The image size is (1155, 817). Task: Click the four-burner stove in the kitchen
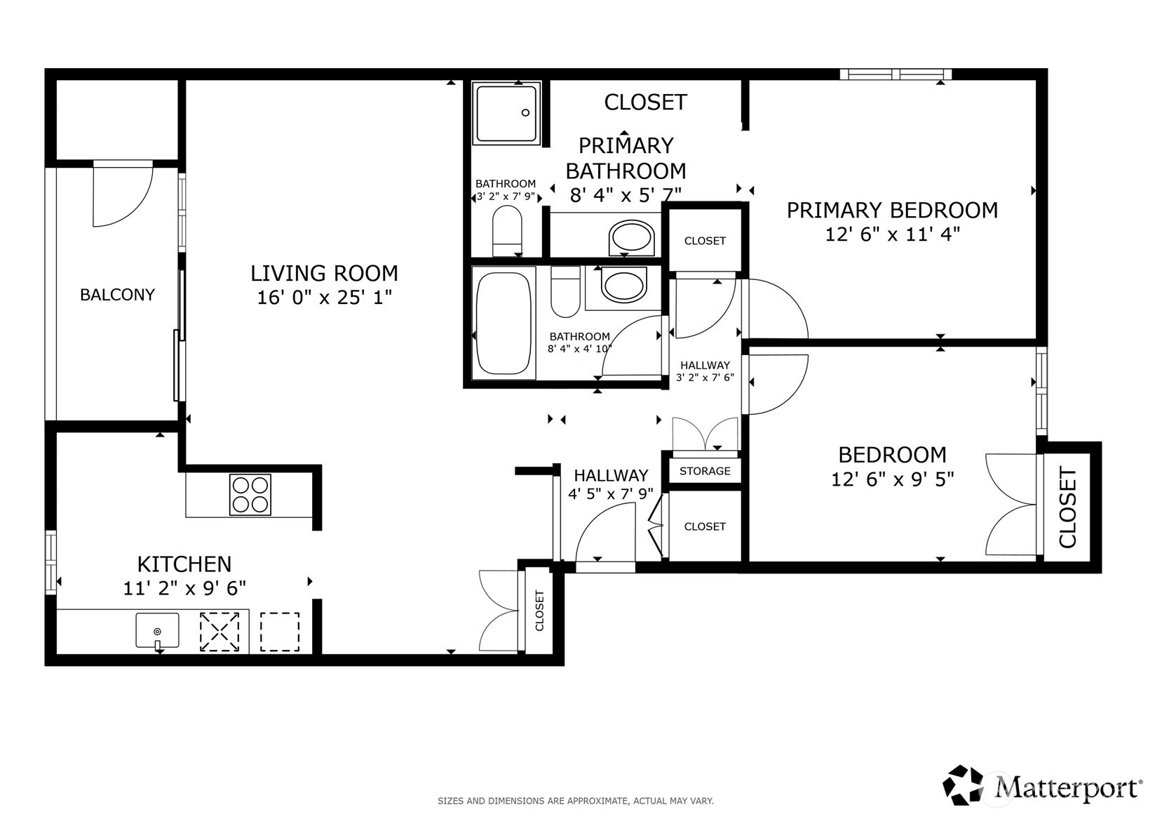250,495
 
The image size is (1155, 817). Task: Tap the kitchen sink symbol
157,630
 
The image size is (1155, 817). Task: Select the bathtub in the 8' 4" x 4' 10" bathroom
503,324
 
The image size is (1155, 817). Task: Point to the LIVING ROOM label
324,273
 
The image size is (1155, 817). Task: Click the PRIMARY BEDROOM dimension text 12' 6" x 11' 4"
891,234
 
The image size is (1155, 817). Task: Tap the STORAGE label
704,471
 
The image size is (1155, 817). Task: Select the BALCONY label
117,295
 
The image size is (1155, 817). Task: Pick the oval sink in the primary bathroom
632,239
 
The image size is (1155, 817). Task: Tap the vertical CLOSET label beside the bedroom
1067,507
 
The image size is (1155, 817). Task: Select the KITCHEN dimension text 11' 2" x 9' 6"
184,588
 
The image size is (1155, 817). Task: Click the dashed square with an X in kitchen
219,632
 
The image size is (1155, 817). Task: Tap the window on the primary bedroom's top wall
896,74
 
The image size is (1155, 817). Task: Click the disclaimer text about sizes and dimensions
575,800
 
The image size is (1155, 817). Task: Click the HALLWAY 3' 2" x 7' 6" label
704,371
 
